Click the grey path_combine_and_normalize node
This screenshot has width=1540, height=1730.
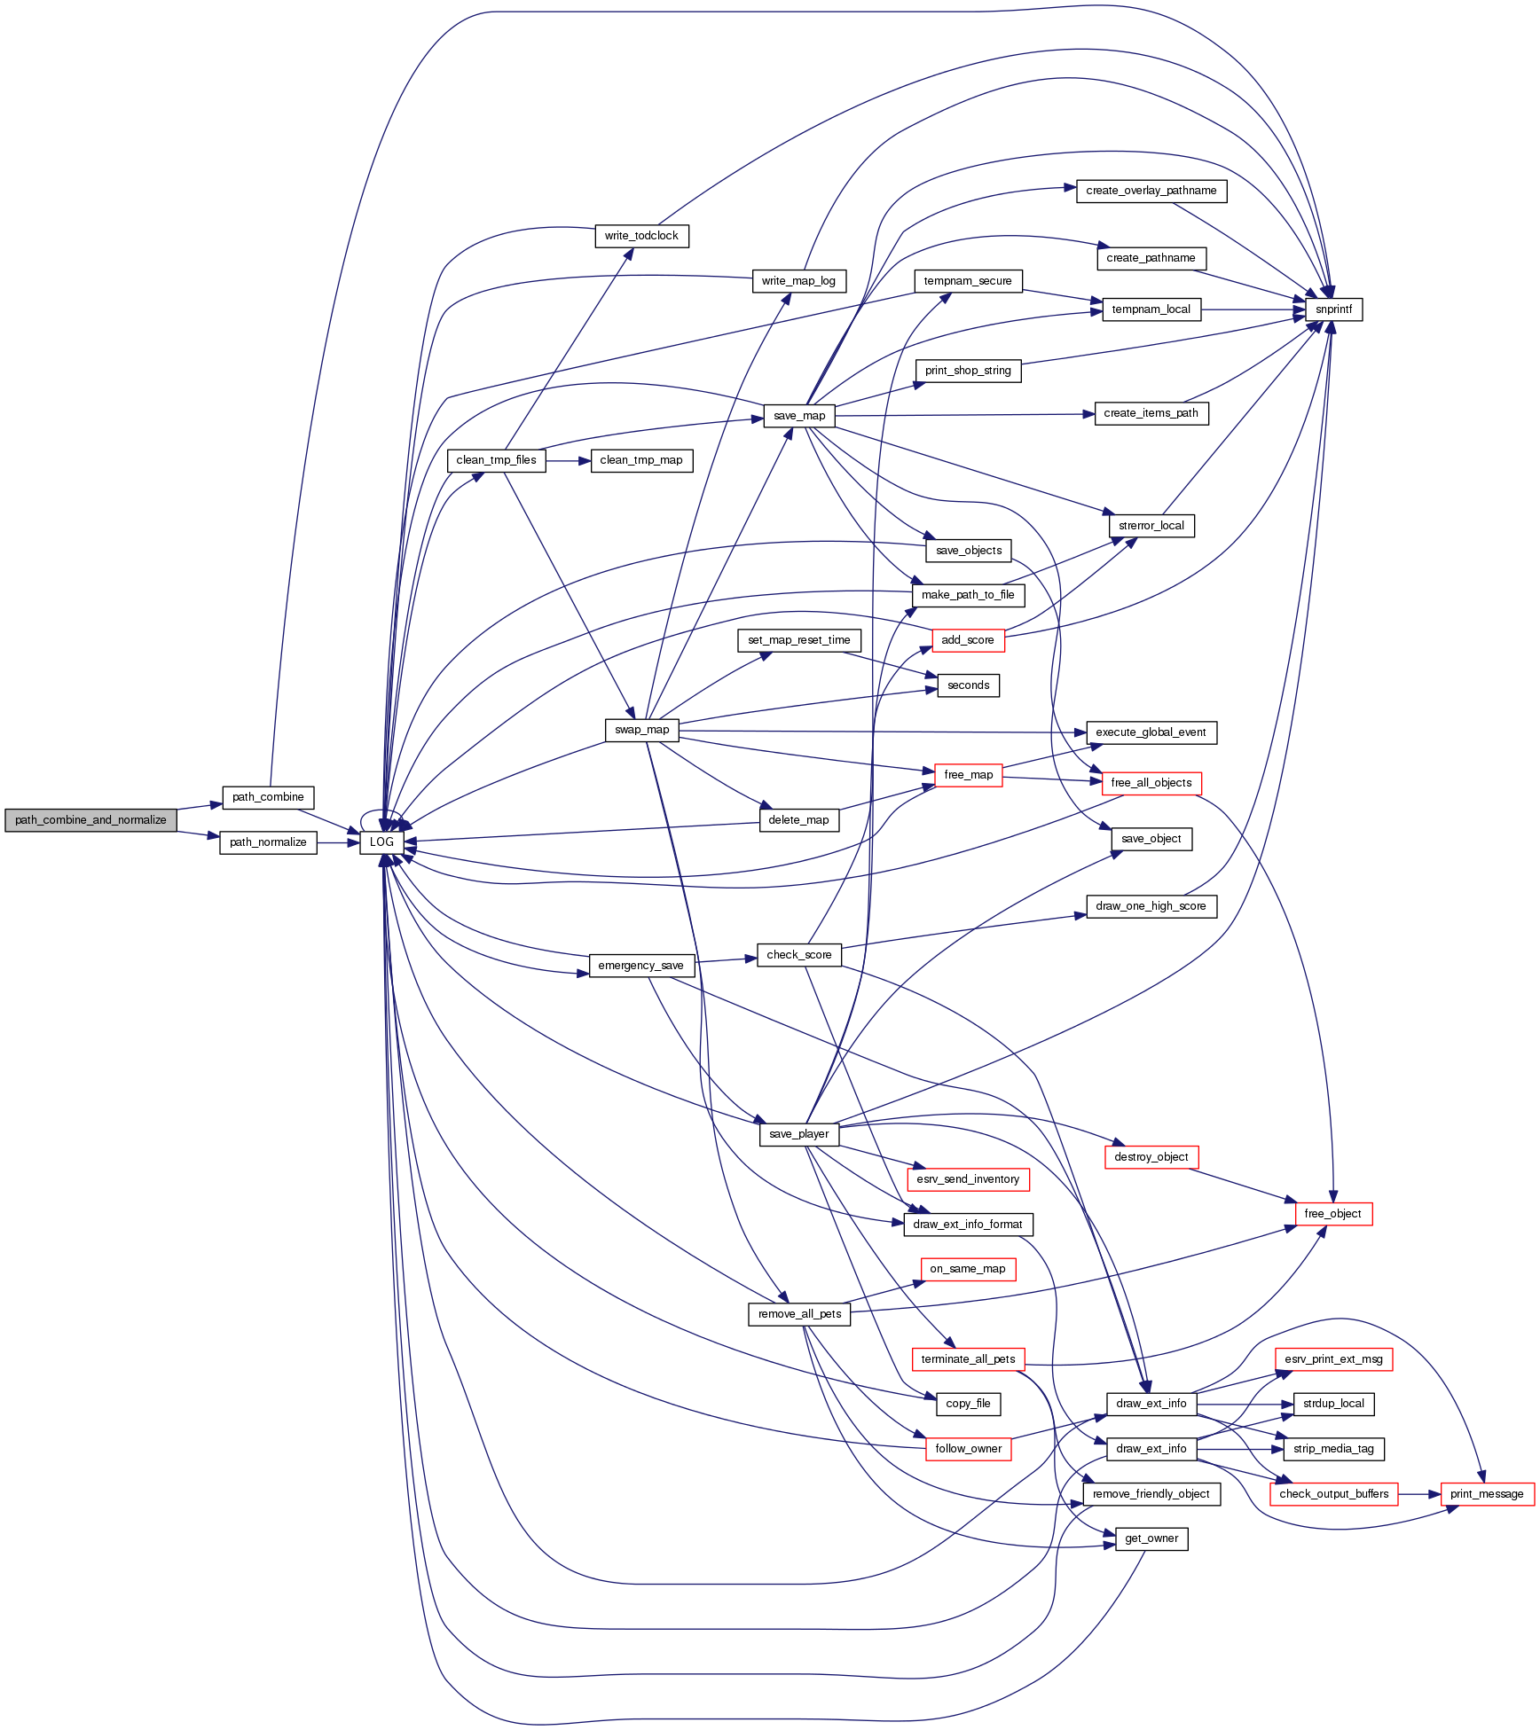(90, 820)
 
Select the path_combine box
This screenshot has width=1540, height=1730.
(268, 797)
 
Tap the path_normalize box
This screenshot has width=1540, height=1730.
(268, 842)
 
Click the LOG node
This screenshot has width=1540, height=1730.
(381, 842)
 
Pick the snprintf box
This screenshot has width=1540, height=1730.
(1333, 309)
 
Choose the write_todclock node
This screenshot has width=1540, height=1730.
(641, 236)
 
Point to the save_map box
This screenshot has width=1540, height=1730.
(799, 416)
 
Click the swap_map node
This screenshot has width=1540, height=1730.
(642, 730)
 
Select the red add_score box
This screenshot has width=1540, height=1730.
(968, 640)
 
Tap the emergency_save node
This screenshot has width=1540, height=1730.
(640, 966)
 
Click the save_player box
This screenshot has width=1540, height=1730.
(799, 1134)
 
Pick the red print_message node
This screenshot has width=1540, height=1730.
(1487, 1494)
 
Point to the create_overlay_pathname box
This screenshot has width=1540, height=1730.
(1151, 191)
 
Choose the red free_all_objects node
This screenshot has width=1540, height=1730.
(1151, 783)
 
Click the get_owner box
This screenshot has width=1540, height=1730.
(1151, 1538)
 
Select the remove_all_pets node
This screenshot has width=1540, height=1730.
(799, 1314)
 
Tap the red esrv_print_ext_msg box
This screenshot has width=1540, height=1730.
(1333, 1359)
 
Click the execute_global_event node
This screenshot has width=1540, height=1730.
(1151, 732)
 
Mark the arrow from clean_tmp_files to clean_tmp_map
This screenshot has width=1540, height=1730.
(568, 461)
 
